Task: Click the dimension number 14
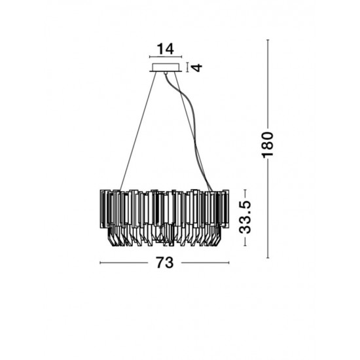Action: [166, 49]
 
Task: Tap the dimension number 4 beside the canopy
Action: [196, 67]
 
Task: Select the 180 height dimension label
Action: [268, 145]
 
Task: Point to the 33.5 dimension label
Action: [245, 217]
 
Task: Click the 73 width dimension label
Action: [165, 262]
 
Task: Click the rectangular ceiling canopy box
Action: [166, 67]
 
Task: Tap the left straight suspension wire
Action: [138, 131]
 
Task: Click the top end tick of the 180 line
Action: [268, 40]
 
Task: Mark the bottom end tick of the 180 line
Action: [268, 258]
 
